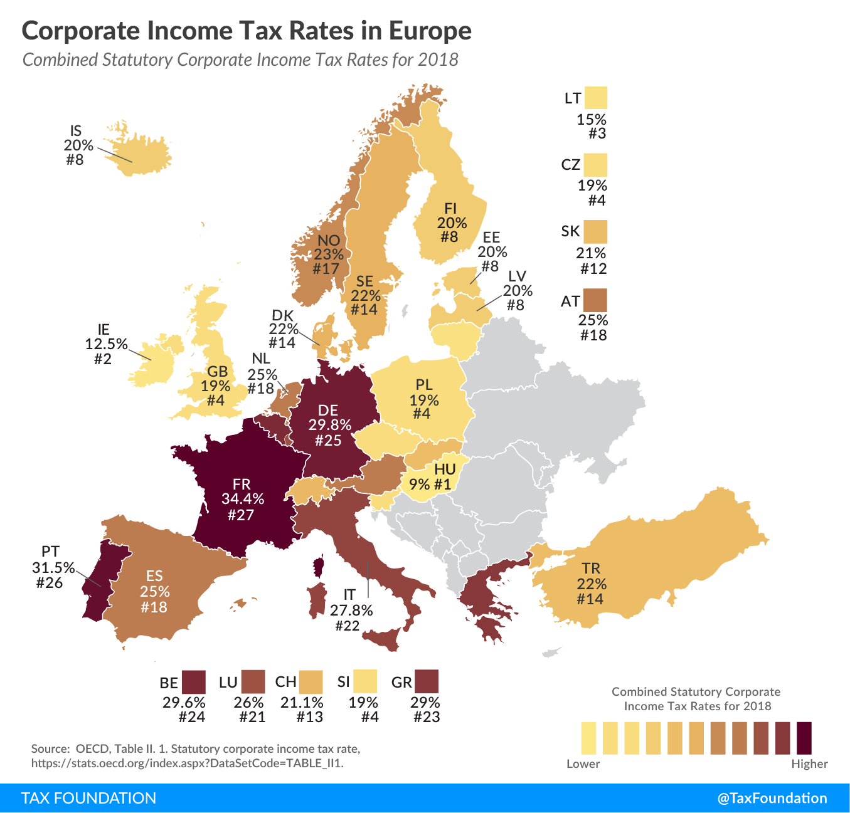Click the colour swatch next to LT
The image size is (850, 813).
click(x=595, y=98)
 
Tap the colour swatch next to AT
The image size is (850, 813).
click(x=595, y=300)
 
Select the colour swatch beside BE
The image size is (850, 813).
click(x=194, y=681)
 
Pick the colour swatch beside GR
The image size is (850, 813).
click(x=427, y=681)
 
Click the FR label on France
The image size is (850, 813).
click(x=242, y=484)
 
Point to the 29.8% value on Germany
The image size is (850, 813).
click(x=329, y=425)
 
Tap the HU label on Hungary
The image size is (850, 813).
click(x=445, y=469)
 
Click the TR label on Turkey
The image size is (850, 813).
click(x=591, y=569)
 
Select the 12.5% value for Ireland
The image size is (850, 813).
click(x=106, y=344)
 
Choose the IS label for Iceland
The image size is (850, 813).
click(x=76, y=131)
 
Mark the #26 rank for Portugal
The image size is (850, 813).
click(x=50, y=583)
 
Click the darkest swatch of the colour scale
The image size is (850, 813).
click(x=804, y=738)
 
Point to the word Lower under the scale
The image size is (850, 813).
click(x=583, y=763)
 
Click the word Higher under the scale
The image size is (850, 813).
click(x=809, y=763)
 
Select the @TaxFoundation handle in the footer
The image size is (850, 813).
click(x=772, y=798)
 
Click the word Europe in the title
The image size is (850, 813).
click(x=430, y=31)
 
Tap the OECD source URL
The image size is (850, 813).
click(x=188, y=763)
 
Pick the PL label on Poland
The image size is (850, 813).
click(x=424, y=385)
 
